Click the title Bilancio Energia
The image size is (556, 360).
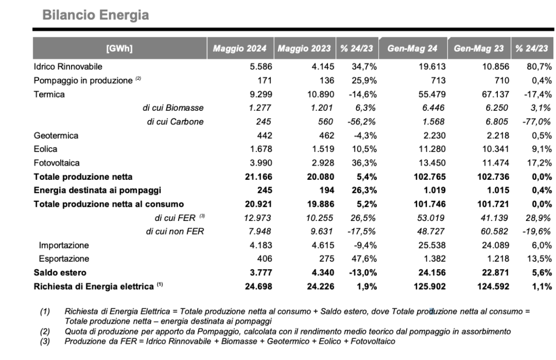pyautogui.click(x=96, y=15)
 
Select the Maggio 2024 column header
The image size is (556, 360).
pyautogui.click(x=239, y=48)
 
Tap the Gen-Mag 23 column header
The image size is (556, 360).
pyautogui.click(x=479, y=48)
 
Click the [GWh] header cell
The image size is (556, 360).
pyautogui.click(x=119, y=48)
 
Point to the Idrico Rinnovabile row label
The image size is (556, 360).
pyautogui.click(x=68, y=67)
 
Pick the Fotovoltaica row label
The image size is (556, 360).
pyautogui.click(x=56, y=163)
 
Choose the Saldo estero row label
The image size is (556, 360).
pyautogui.click(x=60, y=273)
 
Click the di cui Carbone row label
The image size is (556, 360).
pyautogui.click(x=175, y=122)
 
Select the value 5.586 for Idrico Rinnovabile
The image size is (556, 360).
pyautogui.click(x=261, y=67)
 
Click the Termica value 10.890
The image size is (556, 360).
pyautogui.click(x=320, y=94)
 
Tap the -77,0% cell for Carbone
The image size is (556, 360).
pyautogui.click(x=536, y=122)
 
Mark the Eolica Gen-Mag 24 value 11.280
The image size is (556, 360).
pyautogui.click(x=432, y=149)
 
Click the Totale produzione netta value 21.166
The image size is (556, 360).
pyautogui.click(x=258, y=176)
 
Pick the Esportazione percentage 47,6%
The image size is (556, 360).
pyautogui.click(x=364, y=258)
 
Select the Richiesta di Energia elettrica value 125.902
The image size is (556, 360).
pyautogui.click(x=430, y=286)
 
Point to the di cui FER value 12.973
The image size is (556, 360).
pyautogui.click(x=257, y=218)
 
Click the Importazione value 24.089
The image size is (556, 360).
pyautogui.click(x=495, y=245)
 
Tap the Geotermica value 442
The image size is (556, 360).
pyautogui.click(x=264, y=136)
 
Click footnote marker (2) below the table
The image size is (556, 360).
pyautogui.click(x=45, y=332)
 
